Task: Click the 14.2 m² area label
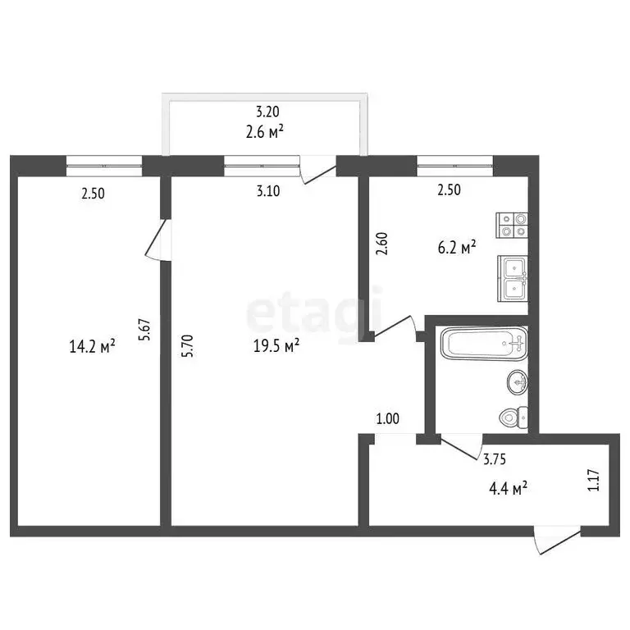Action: tap(93, 347)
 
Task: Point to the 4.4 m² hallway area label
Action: tap(508, 489)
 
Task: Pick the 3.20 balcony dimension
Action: tap(268, 112)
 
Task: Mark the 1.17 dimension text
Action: tap(592, 480)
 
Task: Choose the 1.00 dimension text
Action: tap(387, 419)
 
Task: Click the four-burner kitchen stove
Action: tap(512, 225)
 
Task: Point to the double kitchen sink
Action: tap(513, 276)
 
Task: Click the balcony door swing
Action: tap(317, 171)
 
